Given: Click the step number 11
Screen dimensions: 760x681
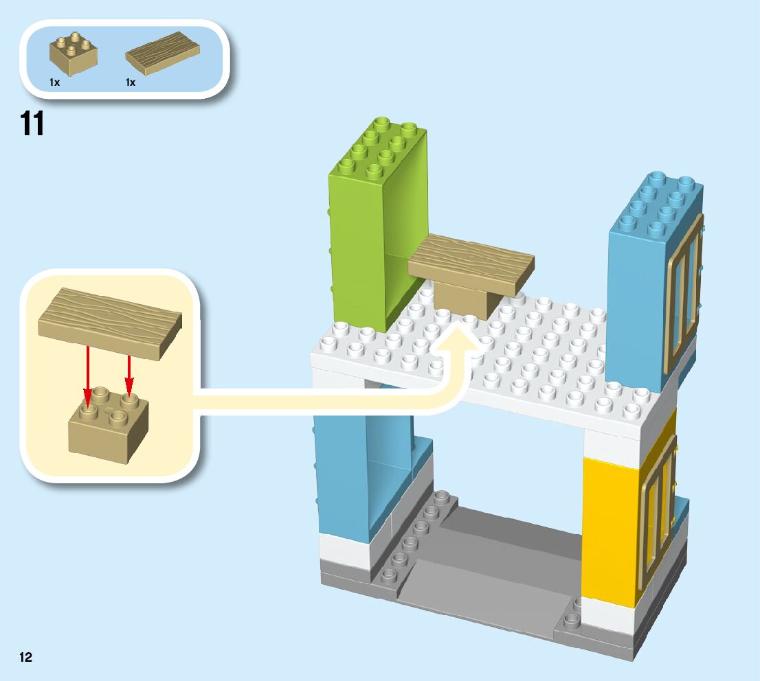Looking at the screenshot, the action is tap(32, 124).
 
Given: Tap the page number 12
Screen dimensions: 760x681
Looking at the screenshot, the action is tap(25, 657).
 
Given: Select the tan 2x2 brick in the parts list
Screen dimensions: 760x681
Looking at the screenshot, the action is tap(73, 54).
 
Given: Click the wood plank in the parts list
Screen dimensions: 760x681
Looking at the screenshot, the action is tap(162, 52).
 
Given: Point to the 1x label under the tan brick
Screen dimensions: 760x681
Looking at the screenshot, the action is tap(55, 82).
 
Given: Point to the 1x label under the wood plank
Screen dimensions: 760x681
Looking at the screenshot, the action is tap(131, 82).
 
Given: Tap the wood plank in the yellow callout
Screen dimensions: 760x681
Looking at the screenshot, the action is tap(110, 323).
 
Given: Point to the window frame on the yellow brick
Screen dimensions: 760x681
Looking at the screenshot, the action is tap(656, 515).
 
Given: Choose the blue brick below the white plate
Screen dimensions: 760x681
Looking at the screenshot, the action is tap(350, 474).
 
